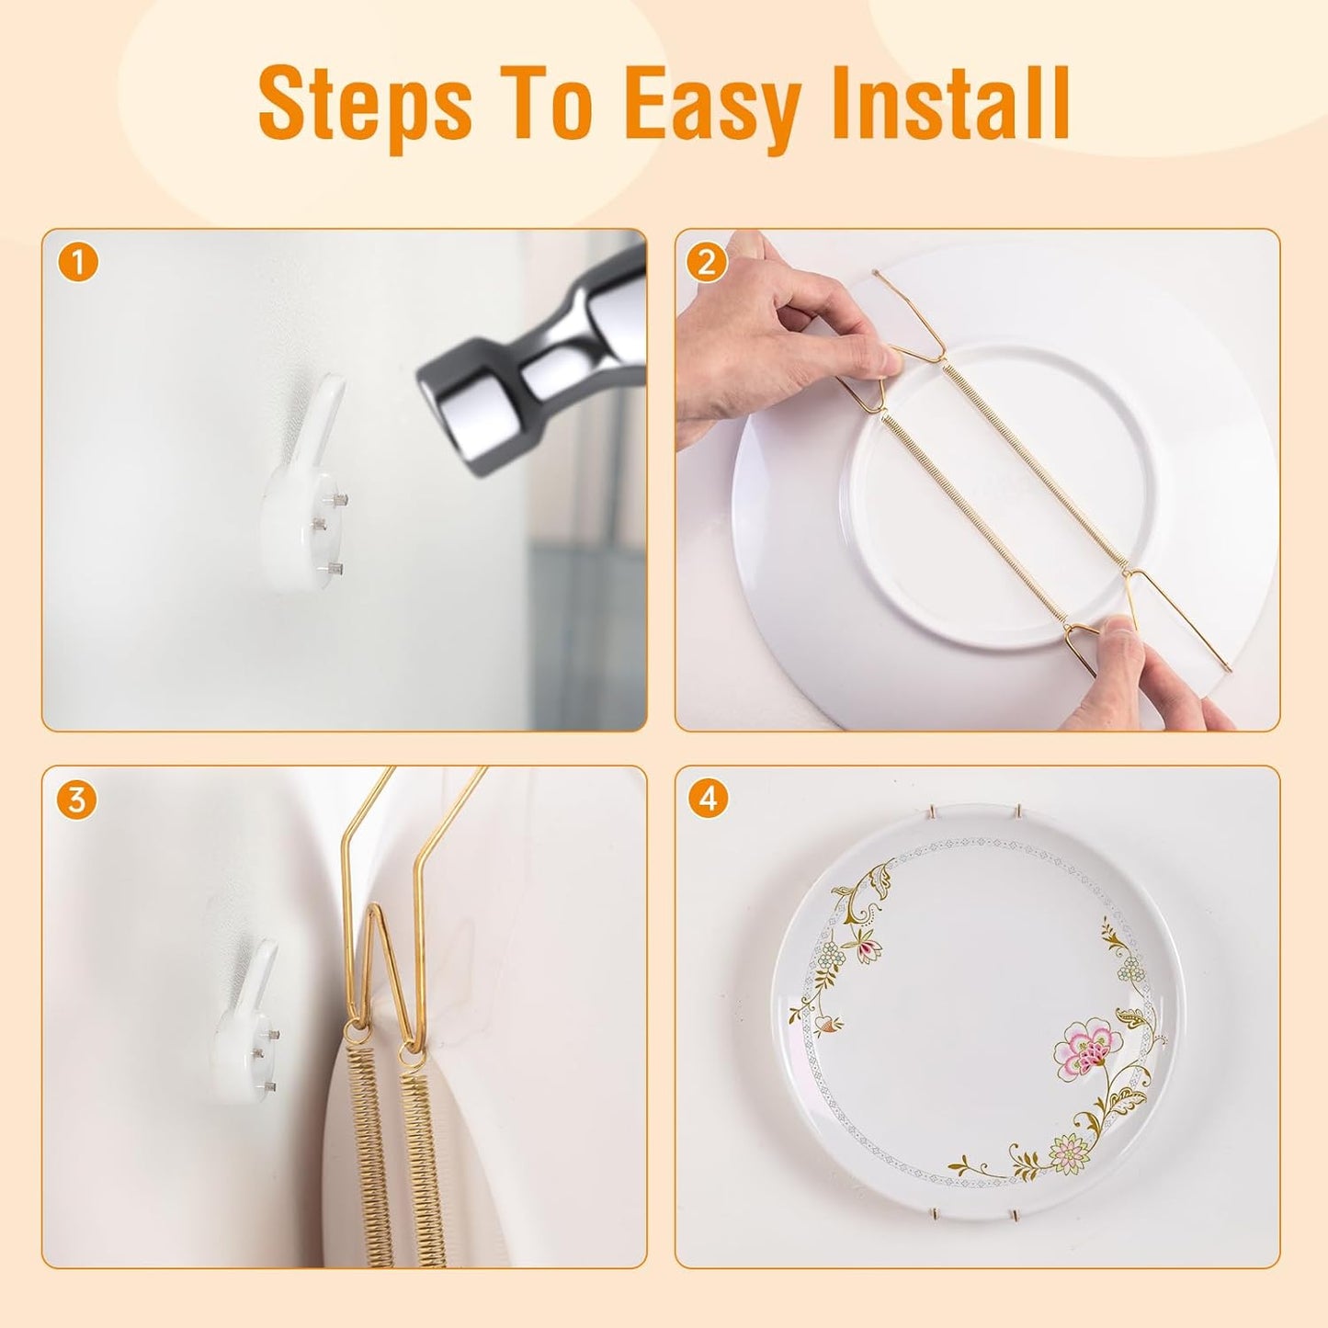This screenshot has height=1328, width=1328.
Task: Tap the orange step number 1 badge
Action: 78,264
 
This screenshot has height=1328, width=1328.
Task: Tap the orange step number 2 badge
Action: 707,264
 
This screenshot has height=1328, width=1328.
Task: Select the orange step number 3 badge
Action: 76,800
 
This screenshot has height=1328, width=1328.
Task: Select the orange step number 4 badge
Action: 707,800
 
